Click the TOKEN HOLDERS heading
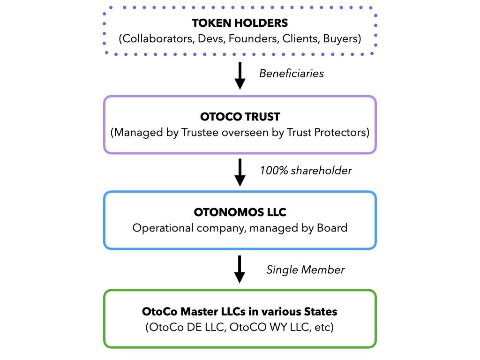240,23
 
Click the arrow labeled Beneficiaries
240,75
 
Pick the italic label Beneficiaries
292,74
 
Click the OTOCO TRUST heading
240,117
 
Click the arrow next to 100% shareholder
240,172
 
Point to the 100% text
274,171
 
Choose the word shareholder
322,171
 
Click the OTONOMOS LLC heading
240,212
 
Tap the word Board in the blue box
332,228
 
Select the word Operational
163,228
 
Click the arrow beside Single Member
240,270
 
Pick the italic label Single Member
306,270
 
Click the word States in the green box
321,312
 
